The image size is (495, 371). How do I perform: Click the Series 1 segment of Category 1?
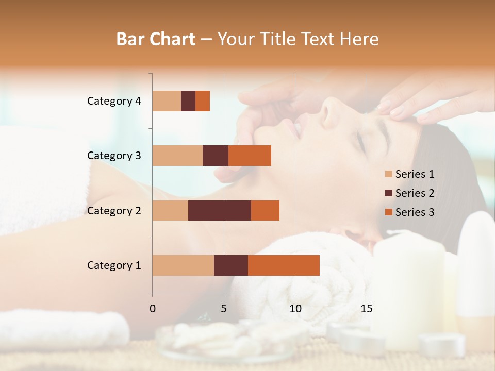pos(183,265)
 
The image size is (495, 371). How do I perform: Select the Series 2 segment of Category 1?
pos(231,265)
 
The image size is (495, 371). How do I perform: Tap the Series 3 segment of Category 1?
pos(284,265)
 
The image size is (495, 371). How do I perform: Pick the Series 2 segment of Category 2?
pos(220,210)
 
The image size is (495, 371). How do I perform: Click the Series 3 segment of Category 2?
pos(265,210)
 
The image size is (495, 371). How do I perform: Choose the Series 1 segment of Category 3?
pos(177,156)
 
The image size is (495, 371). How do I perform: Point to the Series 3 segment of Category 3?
pos(250,156)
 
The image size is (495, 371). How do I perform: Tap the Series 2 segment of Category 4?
pos(188,101)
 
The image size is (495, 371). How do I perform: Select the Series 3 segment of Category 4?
pos(203,101)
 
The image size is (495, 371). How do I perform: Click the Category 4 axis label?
pos(114,101)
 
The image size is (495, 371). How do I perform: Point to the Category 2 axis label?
pos(114,210)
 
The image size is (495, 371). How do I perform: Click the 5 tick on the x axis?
pos(224,309)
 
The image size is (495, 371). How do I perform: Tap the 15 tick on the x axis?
pos(366,309)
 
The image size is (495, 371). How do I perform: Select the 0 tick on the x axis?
pos(153,309)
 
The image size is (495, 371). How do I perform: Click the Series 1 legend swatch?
pos(388,174)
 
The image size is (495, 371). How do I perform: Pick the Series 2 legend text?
pos(415,193)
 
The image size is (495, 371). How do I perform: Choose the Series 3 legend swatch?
pos(388,212)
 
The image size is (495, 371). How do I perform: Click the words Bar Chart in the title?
pos(156,39)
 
